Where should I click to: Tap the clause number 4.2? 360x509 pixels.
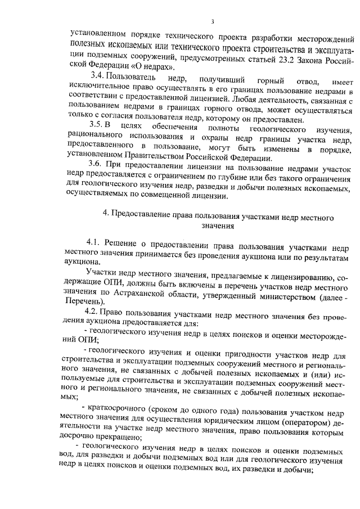(x=92, y=311)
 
